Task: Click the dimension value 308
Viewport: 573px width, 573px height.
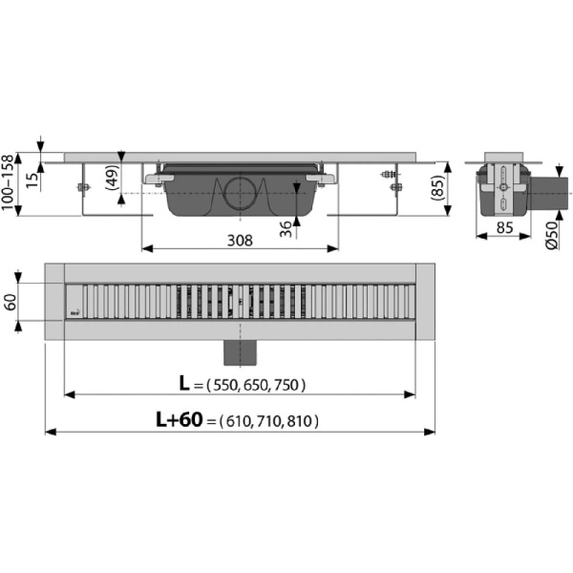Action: pyautogui.click(x=240, y=241)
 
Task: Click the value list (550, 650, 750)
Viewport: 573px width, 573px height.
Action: pyautogui.click(x=251, y=385)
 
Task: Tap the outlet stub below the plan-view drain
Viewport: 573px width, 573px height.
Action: pyautogui.click(x=240, y=350)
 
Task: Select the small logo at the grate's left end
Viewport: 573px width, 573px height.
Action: pyautogui.click(x=74, y=310)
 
